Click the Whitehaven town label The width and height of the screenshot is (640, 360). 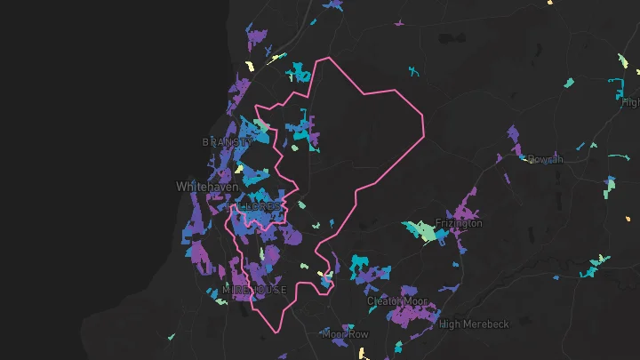click(204, 187)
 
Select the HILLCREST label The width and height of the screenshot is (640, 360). click(254, 206)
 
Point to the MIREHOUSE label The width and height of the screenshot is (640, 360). click(254, 290)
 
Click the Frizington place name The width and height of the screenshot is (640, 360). click(459, 223)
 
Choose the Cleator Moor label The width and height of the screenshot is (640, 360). click(397, 301)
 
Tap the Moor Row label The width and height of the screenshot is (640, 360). click(345, 334)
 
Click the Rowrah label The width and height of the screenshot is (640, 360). click(545, 159)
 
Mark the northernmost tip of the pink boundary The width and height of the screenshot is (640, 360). click(330, 59)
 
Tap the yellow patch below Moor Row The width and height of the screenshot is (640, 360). click(364, 353)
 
